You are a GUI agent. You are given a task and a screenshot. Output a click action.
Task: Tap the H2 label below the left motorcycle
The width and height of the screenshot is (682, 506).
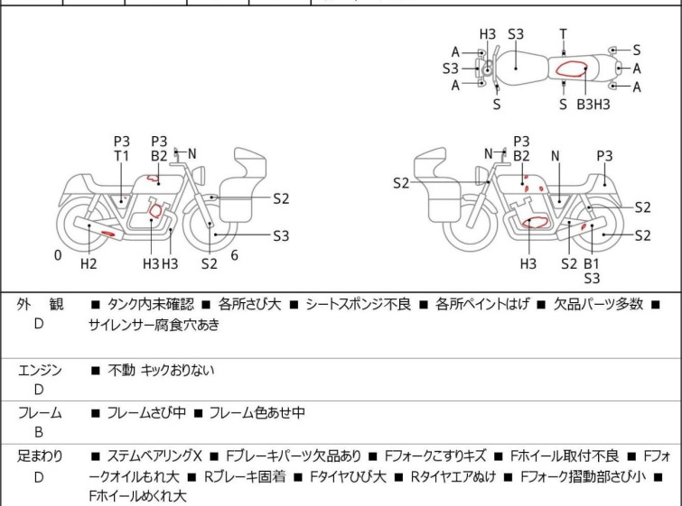[89, 263]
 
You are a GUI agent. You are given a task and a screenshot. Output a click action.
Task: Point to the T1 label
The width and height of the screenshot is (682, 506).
[122, 156]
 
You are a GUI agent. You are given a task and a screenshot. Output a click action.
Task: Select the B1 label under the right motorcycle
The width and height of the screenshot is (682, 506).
[592, 263]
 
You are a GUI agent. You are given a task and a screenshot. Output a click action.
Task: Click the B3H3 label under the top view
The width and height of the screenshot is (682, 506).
[593, 105]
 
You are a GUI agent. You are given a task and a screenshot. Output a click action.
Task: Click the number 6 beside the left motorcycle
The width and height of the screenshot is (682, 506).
[234, 255]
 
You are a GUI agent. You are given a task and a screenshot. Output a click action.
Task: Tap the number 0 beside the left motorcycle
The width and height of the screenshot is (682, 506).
[58, 255]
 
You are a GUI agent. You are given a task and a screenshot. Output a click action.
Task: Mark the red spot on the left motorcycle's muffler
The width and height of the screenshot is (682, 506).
[107, 235]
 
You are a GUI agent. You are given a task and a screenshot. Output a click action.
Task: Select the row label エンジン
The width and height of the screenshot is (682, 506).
[39, 369]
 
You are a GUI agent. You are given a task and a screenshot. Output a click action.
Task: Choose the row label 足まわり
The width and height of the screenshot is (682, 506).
[39, 456]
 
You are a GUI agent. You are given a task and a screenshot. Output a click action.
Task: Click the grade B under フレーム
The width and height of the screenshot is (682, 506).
[39, 433]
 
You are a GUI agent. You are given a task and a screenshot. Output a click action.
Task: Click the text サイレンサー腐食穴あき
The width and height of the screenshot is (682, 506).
[154, 326]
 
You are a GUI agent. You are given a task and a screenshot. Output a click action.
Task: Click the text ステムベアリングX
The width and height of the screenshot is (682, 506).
[156, 456]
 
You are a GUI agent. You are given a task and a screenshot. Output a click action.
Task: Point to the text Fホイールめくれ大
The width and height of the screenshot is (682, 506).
[137, 496]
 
